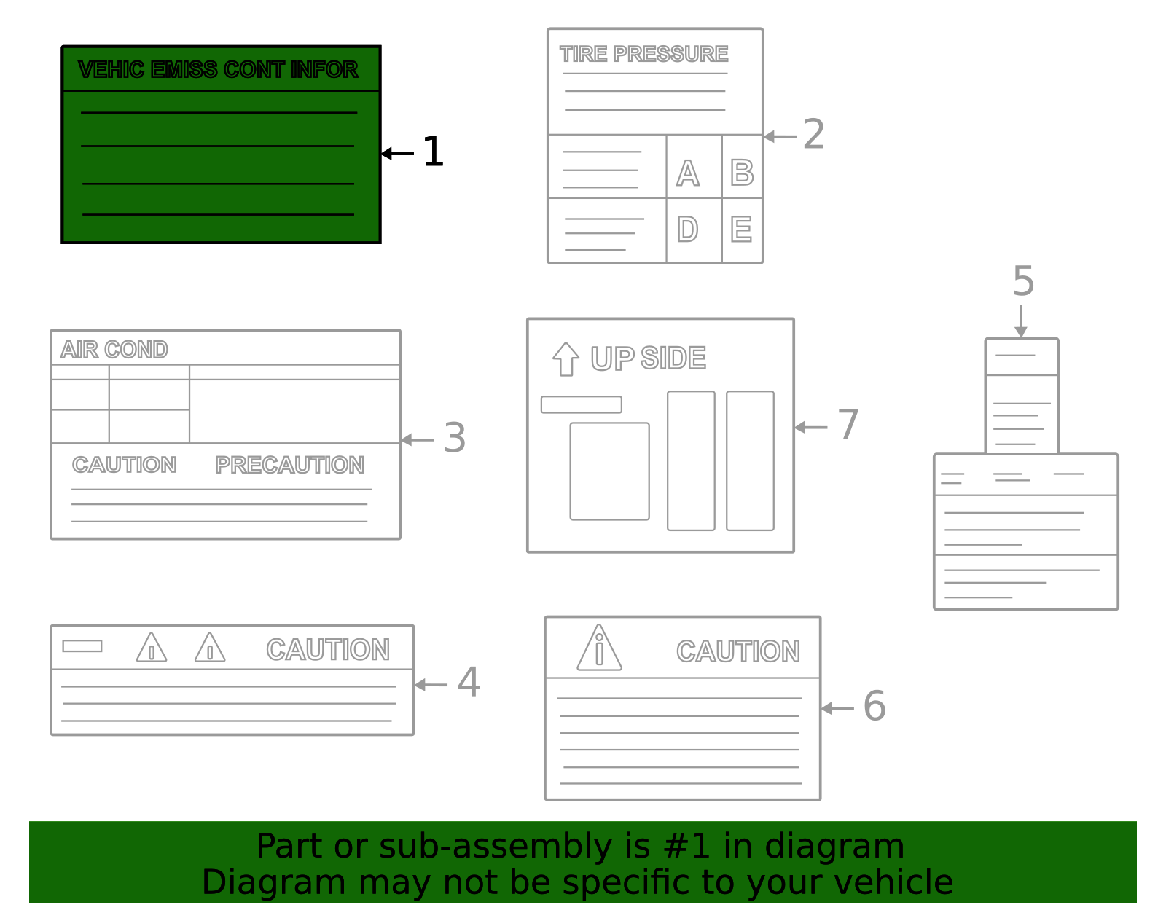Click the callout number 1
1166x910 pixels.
coord(433,152)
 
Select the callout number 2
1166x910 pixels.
coord(813,135)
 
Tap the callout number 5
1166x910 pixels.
coord(1023,281)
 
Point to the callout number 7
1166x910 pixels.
coord(848,425)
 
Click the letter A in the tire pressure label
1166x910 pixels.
coord(687,173)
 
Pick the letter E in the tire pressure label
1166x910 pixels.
coord(741,230)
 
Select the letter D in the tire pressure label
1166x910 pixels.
coord(687,230)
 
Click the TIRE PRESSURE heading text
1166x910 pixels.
coord(643,54)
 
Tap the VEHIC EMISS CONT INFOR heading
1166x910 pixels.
coord(218,70)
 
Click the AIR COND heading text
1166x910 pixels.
coord(114,350)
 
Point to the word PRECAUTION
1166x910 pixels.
coord(289,465)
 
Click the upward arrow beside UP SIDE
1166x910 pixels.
coord(566,358)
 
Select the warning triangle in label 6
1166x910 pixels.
coord(599,648)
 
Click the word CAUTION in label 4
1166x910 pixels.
coord(328,650)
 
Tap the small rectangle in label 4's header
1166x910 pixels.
coord(82,646)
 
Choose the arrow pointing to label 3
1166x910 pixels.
coord(417,439)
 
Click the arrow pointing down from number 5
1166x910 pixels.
coord(1021,321)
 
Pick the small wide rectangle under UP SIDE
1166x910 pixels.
coord(581,404)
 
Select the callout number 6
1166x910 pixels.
coord(874,706)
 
